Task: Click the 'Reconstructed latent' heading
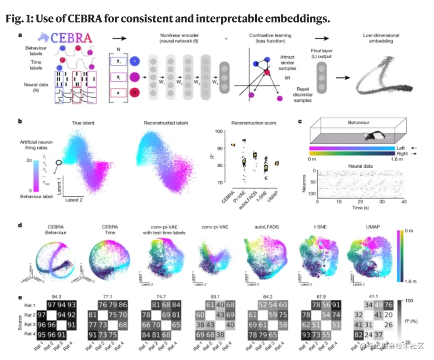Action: (166, 122)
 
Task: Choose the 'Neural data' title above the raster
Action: (360, 166)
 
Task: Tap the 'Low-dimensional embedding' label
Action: (381, 38)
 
